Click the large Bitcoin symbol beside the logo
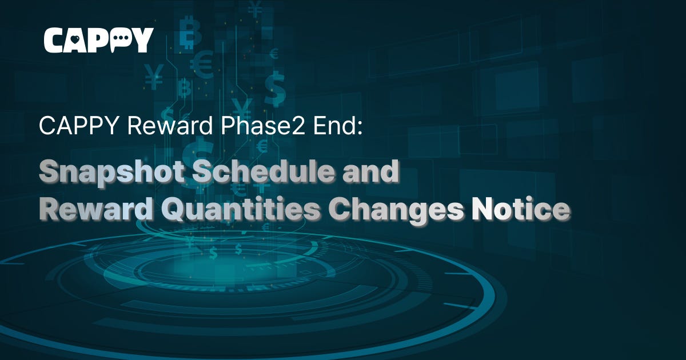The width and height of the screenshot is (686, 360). (189, 35)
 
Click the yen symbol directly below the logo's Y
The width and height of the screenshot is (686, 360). (153, 78)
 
